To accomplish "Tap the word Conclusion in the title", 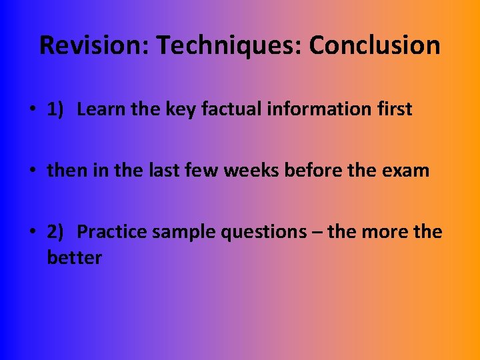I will tap(375, 45).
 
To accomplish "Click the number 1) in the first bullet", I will tap(55, 109).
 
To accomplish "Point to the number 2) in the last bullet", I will tap(55, 232).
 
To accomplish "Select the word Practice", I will tap(111, 232).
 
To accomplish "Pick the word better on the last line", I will tap(74, 257).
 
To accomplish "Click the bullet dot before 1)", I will tap(34, 110).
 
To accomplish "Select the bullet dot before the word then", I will tap(34, 171).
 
